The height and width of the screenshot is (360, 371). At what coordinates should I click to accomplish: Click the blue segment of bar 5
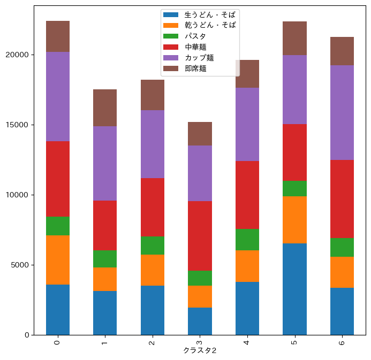[295, 289]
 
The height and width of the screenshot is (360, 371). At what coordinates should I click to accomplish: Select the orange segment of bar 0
[58, 260]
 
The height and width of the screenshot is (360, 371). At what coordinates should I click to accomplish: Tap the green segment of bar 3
[200, 278]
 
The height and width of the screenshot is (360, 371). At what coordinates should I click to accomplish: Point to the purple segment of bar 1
[105, 164]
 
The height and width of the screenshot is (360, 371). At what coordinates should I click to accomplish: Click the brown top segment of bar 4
[247, 74]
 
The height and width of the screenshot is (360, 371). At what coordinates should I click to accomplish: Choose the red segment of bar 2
[153, 207]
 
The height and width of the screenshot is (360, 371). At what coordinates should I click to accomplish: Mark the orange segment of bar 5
[295, 220]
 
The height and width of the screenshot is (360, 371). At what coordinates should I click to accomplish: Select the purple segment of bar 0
[58, 97]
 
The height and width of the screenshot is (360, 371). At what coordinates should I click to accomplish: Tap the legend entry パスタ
[195, 36]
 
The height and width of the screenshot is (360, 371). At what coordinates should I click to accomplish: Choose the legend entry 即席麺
[195, 68]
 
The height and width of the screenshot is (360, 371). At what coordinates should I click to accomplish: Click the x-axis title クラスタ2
[200, 351]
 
